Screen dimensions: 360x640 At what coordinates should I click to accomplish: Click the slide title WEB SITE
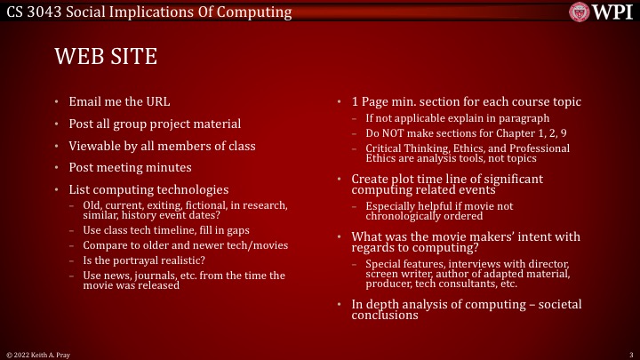[106, 58]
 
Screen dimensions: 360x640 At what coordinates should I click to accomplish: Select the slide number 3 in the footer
[629, 354]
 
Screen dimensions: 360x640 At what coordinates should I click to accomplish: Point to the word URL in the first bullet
[156, 100]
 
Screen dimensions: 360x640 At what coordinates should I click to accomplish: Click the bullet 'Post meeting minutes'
[130, 167]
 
